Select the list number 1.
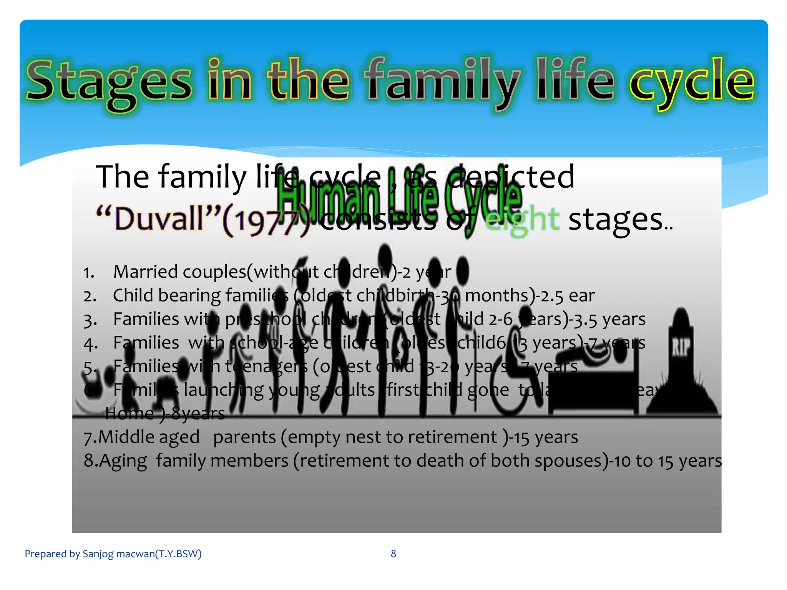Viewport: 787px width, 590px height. point(89,273)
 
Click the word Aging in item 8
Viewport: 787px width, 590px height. point(123,461)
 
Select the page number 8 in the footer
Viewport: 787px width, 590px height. point(393,554)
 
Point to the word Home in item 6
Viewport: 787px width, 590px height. point(130,414)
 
